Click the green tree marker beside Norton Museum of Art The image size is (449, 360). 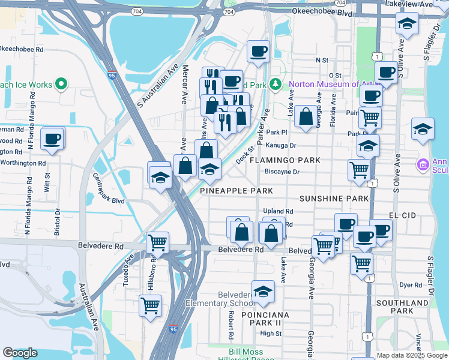(x=276, y=85)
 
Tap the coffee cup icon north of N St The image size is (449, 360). (x=258, y=52)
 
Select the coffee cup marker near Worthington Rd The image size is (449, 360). (x=52, y=139)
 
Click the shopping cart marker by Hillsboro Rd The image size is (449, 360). (x=157, y=243)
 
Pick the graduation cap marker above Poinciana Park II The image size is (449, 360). (x=263, y=292)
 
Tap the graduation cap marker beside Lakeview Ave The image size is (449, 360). (x=407, y=25)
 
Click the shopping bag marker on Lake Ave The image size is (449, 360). (x=306, y=117)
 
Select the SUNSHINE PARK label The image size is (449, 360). (x=333, y=198)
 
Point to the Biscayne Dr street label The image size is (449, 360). (x=282, y=171)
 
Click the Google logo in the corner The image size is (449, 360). (x=20, y=353)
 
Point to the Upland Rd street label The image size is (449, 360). (x=278, y=211)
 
